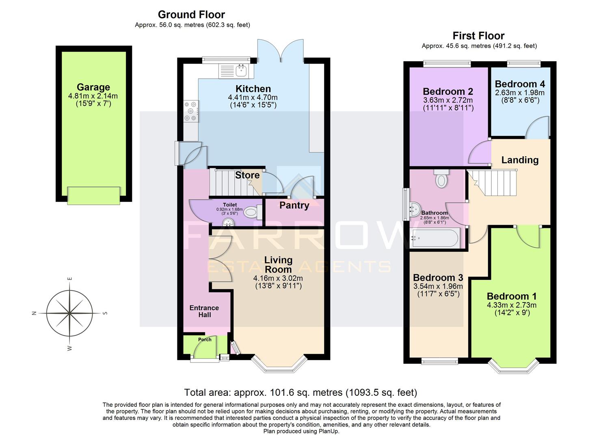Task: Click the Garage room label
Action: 93,87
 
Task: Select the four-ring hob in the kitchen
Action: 191,111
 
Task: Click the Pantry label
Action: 294,205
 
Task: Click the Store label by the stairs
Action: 247,175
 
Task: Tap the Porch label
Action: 205,339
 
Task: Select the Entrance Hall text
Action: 204,311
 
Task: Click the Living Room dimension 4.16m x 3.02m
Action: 278,278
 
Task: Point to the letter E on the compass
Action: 70,279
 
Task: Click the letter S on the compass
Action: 105,313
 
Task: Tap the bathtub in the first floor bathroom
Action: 435,238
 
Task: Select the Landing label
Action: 520,160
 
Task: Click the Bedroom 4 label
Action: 520,84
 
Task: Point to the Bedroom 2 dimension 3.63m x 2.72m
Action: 448,100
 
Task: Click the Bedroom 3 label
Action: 438,278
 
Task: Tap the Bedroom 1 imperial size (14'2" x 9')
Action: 512,313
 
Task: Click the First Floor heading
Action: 478,36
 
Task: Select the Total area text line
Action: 300,392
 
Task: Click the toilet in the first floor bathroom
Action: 441,179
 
